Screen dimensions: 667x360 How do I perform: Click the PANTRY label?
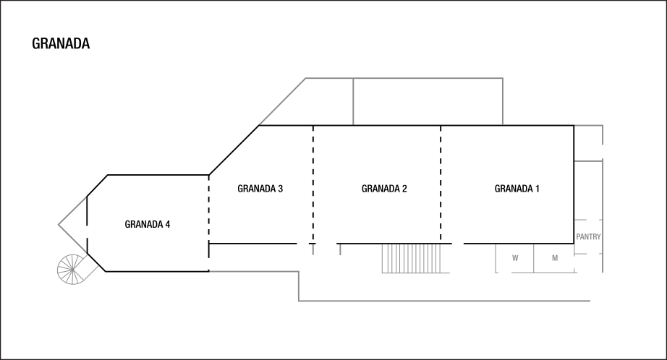point(588,237)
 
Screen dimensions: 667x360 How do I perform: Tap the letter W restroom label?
point(515,258)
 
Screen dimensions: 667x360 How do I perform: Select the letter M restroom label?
point(555,258)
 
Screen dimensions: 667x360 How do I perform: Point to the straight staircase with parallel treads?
point(411,258)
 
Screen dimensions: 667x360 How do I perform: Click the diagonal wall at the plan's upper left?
point(282,101)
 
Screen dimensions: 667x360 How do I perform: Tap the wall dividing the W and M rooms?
point(534,258)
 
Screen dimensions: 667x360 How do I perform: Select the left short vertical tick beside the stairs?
point(313,249)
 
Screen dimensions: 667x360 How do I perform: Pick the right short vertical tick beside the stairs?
point(340,249)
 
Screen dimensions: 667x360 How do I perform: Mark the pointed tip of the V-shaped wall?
point(59,225)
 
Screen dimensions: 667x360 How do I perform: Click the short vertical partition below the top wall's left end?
point(353,101)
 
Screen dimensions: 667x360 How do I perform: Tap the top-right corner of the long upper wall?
point(502,78)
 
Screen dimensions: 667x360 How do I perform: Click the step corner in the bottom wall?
point(298,272)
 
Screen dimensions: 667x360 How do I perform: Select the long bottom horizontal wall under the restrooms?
point(444,301)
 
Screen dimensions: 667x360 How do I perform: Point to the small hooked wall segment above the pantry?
point(590,126)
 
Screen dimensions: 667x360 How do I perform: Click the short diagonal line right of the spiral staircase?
point(92,273)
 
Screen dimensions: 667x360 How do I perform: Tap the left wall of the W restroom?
point(496,258)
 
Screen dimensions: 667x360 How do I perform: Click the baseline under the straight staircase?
point(416,273)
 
